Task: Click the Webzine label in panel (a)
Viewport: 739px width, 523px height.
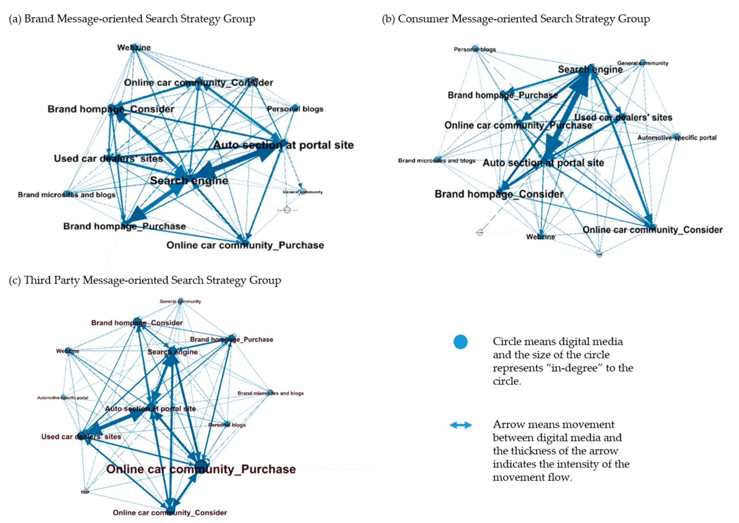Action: [134, 48]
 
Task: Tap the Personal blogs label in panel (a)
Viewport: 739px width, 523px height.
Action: [295, 109]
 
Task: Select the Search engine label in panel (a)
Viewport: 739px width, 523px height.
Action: [189, 181]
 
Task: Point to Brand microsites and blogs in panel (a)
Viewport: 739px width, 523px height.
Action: [67, 195]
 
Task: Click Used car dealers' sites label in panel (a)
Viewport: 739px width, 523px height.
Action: [109, 159]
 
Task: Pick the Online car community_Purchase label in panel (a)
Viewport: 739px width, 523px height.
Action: [245, 245]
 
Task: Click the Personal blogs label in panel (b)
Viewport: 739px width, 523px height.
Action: [475, 49]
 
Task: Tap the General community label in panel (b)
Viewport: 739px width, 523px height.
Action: [643, 63]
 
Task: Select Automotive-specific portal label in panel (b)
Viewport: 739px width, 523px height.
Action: [677, 138]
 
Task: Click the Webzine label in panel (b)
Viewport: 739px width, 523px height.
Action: [540, 237]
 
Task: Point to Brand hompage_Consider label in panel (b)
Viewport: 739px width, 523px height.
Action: [499, 194]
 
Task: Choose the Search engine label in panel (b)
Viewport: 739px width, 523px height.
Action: [590, 69]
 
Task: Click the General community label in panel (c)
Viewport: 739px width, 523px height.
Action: [180, 302]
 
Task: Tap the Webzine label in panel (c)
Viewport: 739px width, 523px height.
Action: [68, 351]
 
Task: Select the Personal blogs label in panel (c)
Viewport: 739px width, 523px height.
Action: [227, 425]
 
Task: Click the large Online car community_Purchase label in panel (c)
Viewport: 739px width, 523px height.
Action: [201, 469]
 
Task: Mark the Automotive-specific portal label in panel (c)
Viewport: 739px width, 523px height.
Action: [62, 398]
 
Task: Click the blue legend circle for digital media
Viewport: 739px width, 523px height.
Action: [460, 342]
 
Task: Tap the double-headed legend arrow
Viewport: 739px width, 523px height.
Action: [461, 425]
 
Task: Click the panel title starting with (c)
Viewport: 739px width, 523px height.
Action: [145, 280]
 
